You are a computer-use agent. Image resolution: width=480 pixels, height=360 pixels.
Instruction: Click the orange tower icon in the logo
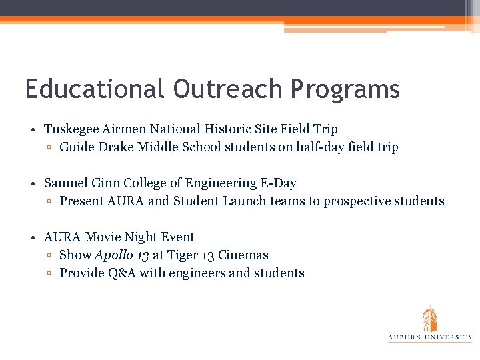coord(430,318)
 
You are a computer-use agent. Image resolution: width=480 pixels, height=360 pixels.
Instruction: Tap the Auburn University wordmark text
coord(430,338)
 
